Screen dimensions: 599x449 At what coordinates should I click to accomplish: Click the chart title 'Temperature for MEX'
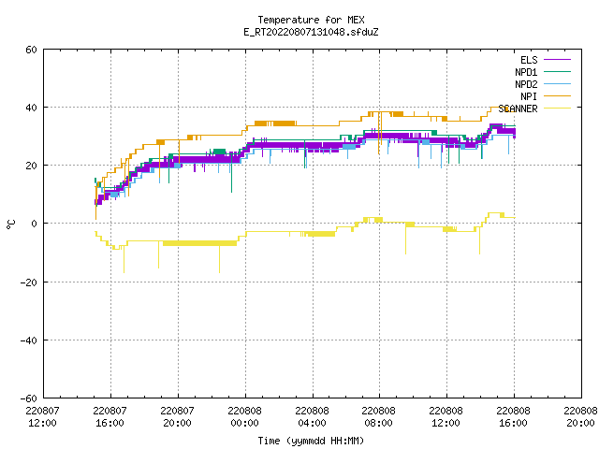[x=311, y=20]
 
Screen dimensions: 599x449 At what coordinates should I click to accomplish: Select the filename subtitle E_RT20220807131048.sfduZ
[x=311, y=32]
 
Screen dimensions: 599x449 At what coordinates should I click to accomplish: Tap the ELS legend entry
[x=529, y=60]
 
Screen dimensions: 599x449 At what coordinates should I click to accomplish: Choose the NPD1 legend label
[x=526, y=72]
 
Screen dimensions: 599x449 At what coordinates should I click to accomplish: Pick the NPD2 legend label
[x=526, y=84]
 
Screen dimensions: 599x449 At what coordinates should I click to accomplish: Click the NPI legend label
[x=529, y=96]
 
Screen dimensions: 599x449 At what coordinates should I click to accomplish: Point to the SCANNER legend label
[x=518, y=109]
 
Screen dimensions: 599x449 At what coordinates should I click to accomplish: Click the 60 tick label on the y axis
[x=31, y=50]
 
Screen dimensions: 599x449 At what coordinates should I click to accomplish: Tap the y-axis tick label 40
[x=31, y=108]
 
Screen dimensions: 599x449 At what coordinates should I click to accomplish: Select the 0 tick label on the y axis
[x=35, y=224]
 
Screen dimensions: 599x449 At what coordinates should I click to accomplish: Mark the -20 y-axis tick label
[x=29, y=282]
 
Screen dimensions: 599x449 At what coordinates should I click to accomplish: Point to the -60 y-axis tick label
[x=29, y=398]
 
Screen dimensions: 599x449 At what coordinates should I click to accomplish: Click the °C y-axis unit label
[x=10, y=224]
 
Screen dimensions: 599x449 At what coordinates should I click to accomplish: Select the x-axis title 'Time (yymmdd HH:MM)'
[x=311, y=441]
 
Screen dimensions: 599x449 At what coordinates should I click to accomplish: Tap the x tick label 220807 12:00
[x=42, y=417]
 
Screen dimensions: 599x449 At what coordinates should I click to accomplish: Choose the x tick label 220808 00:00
[x=244, y=417]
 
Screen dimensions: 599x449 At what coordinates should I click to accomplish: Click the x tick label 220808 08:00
[x=378, y=417]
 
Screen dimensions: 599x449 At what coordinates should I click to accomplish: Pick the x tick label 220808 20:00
[x=580, y=417]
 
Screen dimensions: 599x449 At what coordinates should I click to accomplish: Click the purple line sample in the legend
[x=557, y=60]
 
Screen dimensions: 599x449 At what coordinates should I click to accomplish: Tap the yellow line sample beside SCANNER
[x=557, y=109]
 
